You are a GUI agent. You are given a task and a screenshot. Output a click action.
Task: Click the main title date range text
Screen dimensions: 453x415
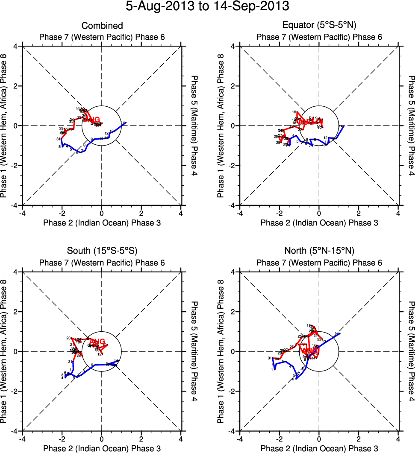pyautogui.click(x=207, y=7)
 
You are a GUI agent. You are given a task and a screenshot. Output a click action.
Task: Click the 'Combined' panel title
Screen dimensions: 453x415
pyautogui.click(x=102, y=26)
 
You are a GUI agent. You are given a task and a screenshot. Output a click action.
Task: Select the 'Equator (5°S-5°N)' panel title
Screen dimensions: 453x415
pyautogui.click(x=319, y=26)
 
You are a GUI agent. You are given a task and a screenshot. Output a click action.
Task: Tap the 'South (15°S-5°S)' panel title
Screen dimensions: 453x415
pyautogui.click(x=102, y=251)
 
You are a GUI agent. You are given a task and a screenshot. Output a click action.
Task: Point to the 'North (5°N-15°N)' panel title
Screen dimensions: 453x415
pyautogui.click(x=319, y=251)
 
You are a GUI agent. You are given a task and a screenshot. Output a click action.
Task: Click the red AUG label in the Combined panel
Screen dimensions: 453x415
pyautogui.click(x=95, y=120)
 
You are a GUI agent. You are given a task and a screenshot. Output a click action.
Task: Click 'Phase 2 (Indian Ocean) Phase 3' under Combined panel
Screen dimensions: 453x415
pyautogui.click(x=102, y=223)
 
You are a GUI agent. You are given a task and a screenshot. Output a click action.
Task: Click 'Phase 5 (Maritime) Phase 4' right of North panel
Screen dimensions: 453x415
pyautogui.click(x=411, y=351)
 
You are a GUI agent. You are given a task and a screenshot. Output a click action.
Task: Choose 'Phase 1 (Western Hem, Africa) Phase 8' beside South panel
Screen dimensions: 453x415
pyautogui.click(x=5, y=351)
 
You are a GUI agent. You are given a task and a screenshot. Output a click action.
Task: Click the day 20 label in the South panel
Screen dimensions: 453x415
pyautogui.click(x=68, y=338)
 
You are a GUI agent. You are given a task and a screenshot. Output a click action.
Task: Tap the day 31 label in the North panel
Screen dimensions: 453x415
pyautogui.click(x=270, y=358)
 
